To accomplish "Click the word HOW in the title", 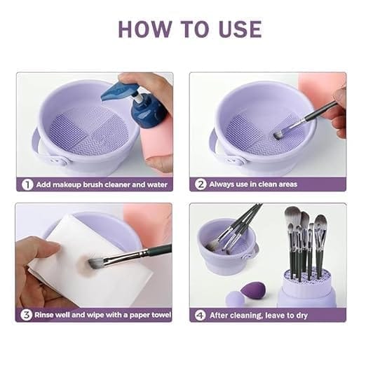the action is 145,29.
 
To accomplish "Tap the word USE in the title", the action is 240,29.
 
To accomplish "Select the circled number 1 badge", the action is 27,185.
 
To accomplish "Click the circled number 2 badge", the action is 201,184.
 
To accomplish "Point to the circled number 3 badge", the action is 26,315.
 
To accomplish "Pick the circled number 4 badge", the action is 201,315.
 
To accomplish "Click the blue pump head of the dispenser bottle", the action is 119,91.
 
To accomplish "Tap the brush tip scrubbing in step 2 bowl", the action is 278,135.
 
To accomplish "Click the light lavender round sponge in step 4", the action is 234,299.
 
